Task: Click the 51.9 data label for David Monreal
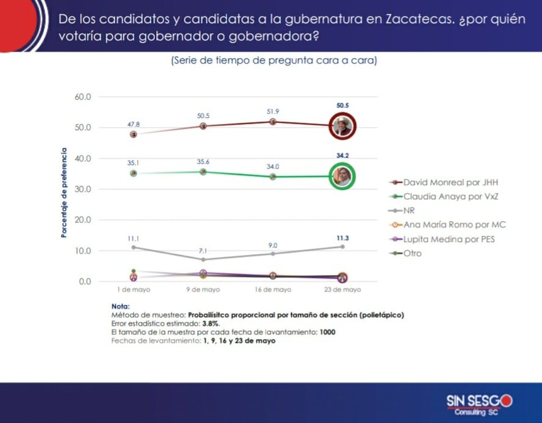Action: click(273, 111)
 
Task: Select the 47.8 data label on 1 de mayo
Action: click(133, 123)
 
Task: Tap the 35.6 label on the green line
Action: click(203, 161)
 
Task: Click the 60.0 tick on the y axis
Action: click(82, 97)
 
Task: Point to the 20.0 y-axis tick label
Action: click(82, 220)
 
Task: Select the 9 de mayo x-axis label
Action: click(203, 290)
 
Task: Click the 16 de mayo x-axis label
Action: click(273, 290)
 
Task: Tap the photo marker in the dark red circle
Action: click(342, 127)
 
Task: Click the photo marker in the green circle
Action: click(342, 177)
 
